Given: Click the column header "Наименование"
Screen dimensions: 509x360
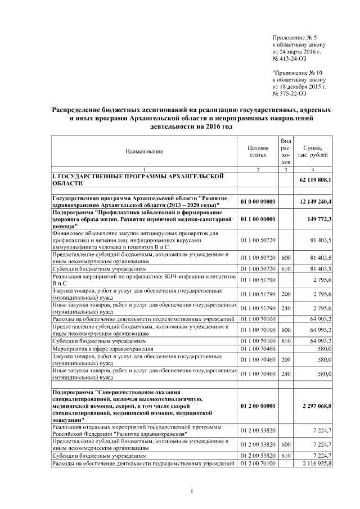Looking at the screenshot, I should (144, 151).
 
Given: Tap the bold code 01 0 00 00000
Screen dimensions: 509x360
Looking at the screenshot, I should (258, 201).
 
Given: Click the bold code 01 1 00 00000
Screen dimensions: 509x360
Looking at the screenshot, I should (258, 219).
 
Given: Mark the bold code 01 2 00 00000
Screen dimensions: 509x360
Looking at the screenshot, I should (258, 404).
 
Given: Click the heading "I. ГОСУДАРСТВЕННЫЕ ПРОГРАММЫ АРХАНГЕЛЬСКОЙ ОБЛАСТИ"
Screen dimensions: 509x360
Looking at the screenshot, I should (141, 179).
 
